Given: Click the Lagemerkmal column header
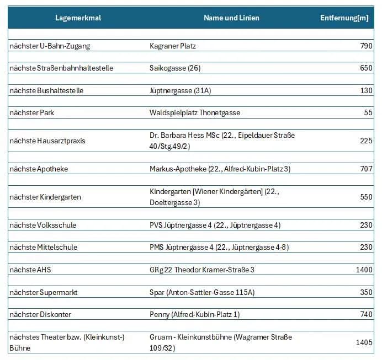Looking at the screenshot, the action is [78, 18].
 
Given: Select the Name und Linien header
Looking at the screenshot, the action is [231, 18].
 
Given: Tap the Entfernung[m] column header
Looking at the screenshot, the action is [344, 18].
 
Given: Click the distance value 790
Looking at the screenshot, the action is [366, 46].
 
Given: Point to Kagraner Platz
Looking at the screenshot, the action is [173, 46].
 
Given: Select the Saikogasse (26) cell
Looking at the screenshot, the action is [175, 68].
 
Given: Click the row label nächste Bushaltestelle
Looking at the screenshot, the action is [46, 90].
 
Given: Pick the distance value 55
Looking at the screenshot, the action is [368, 112].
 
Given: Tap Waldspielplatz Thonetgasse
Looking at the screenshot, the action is [195, 112].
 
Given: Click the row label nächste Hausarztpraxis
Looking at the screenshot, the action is [47, 141].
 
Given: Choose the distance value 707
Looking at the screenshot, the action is [366, 169].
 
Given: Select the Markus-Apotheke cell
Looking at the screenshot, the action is [220, 169].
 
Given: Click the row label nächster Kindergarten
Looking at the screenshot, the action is [45, 197].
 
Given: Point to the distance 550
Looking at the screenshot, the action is [366, 197].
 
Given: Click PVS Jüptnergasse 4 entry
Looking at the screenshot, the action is [215, 225].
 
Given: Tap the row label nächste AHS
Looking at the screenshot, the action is [30, 270].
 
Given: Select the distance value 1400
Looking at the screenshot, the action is [364, 270].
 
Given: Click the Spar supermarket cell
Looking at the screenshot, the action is [202, 292].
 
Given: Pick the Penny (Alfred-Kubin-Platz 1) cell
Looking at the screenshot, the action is [195, 314].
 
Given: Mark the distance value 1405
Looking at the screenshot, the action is [364, 342].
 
